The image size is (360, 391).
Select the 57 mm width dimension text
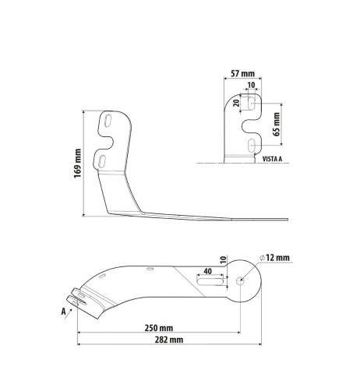click(244, 75)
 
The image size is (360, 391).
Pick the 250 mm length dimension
click(158, 327)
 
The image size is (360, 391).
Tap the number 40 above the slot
click(207, 271)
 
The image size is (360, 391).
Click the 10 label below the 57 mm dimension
click(250, 86)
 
